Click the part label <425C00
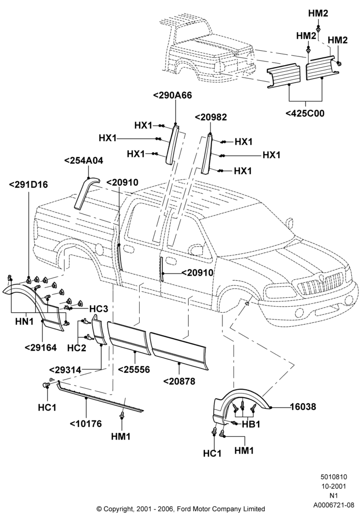point(305,114)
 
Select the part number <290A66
point(172,95)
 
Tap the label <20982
point(211,117)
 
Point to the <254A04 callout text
point(83,161)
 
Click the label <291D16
point(28,185)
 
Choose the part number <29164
point(40,347)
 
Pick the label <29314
point(65,370)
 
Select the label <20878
point(179,381)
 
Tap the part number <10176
point(86,423)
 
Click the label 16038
point(303,407)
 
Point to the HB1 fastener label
point(251,425)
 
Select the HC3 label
point(99,309)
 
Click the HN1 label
point(25,321)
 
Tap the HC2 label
point(77,347)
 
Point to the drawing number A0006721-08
point(334,505)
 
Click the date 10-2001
point(334,487)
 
